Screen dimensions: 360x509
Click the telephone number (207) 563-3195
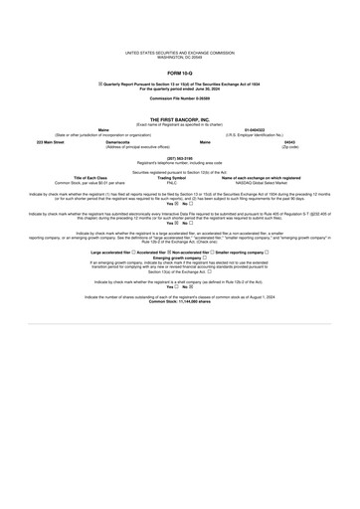(180, 156)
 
